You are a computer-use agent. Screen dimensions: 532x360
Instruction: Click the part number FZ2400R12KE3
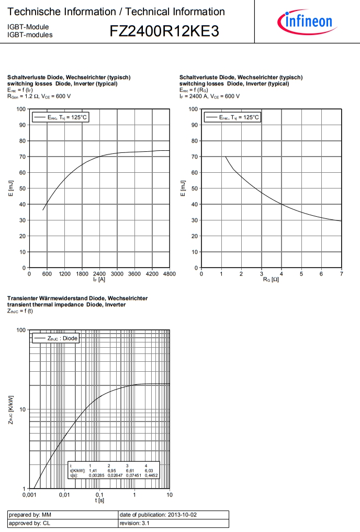coord(164,32)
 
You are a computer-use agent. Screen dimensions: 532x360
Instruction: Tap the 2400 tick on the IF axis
coord(99,274)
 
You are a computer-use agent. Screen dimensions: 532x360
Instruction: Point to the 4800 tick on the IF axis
coord(169,274)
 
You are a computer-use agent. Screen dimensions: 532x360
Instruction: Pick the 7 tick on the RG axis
coord(341,274)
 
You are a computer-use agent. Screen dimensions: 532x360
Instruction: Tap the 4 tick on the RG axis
coord(282,274)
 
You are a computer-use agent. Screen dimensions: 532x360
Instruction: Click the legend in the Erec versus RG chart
coord(232,117)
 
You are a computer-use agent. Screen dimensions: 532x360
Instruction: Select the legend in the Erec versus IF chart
coord(60,117)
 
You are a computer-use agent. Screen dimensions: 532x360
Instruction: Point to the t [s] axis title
coord(99,501)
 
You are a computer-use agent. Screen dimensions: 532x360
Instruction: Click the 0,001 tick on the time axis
coord(29,495)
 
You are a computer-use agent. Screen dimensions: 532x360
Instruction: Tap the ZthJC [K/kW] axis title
coord(11,409)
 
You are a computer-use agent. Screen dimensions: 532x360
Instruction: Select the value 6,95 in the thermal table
coord(111,471)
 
